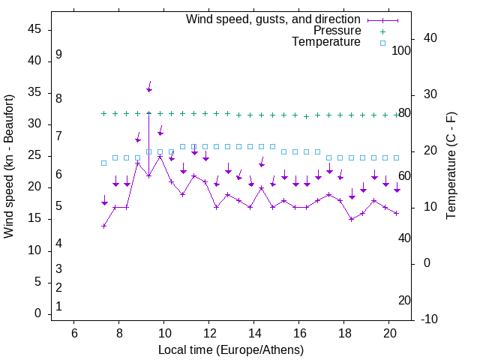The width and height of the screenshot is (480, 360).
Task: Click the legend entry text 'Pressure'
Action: point(337,31)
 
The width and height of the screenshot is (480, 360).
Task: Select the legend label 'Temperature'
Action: point(326,42)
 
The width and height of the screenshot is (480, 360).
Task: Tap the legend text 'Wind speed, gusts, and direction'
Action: point(273,19)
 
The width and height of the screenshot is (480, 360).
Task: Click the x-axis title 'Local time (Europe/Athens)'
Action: point(231,350)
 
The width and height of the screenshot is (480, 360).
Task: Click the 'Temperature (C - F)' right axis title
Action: point(451,166)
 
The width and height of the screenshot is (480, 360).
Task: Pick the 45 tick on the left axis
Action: point(34,29)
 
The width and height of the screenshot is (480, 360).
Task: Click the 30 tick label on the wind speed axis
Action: point(34,124)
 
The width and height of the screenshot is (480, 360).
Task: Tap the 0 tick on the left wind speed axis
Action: point(37,314)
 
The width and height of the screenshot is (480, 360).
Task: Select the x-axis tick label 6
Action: point(73,333)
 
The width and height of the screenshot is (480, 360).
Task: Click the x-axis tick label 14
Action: point(254,333)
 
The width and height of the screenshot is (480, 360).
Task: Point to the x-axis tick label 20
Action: point(389,333)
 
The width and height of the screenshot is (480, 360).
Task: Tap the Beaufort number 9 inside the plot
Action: point(58,55)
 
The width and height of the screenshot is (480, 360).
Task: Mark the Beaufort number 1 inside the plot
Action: point(58,307)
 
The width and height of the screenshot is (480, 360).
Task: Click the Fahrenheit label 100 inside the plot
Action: point(401,51)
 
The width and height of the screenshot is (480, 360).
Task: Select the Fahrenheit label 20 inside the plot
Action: point(404,301)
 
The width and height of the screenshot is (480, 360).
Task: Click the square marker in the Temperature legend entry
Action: point(382,43)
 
